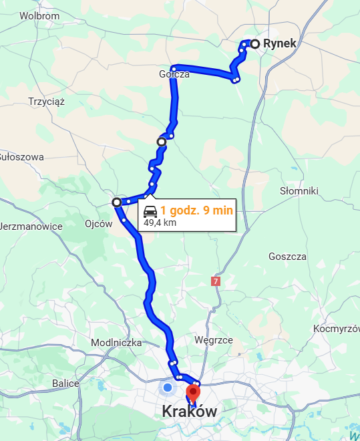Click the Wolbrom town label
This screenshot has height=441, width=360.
tap(39, 15)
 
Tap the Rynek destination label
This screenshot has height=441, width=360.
tap(279, 43)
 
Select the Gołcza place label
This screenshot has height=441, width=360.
tap(174, 74)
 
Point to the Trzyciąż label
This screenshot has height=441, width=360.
tap(46, 102)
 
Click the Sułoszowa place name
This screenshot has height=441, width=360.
tap(21, 157)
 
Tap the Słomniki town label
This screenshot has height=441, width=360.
tap(298, 191)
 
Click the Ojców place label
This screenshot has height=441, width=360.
tap(99, 224)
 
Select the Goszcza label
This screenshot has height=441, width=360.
tap(287, 257)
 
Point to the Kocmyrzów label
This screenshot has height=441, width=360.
tap(337, 329)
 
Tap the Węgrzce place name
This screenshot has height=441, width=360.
tap(213, 340)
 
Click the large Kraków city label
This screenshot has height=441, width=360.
tap(190, 412)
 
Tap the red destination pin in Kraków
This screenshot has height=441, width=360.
tap(193, 392)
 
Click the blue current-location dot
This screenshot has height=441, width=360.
tap(168, 388)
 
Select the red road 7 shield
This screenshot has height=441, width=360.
tap(215, 282)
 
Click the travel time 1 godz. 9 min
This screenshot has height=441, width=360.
tap(196, 210)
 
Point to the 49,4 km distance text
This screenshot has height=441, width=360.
tap(160, 223)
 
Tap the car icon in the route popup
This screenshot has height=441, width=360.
tap(151, 212)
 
